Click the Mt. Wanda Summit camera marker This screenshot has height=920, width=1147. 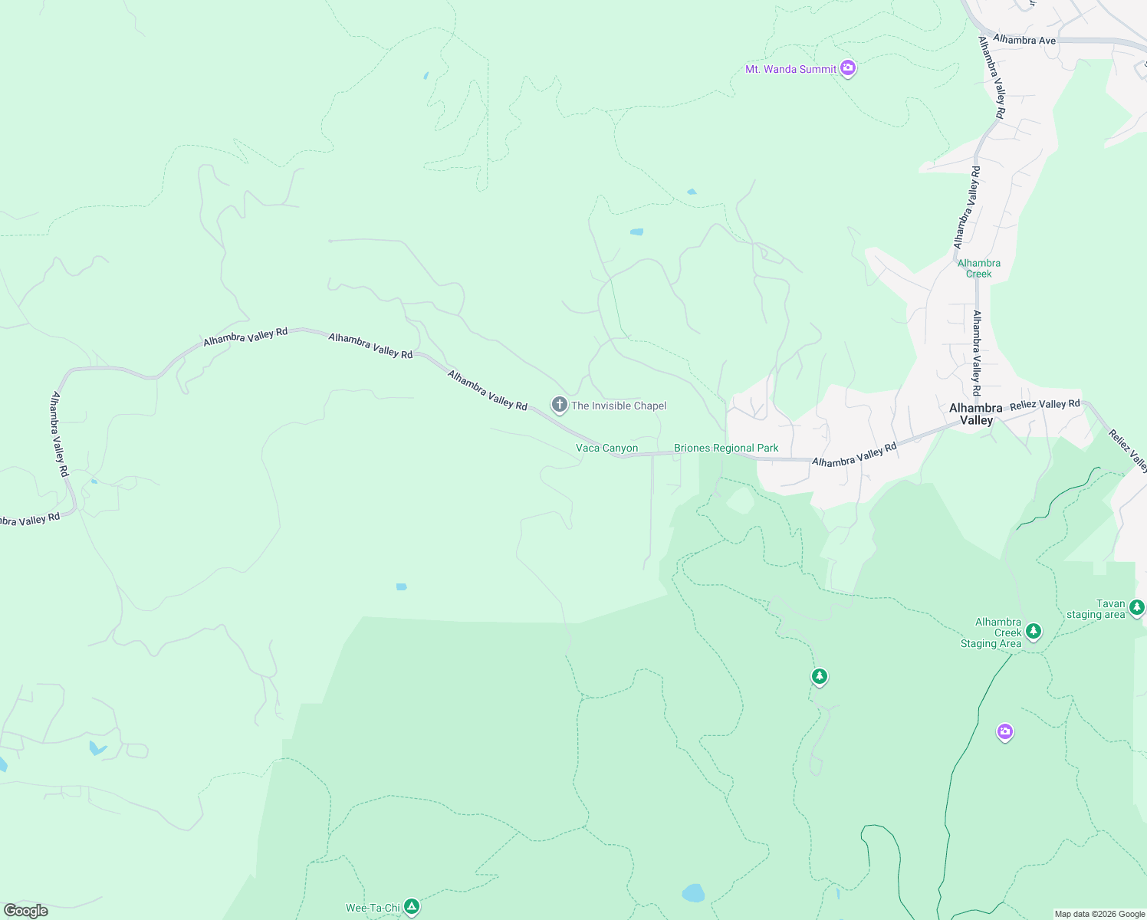tap(847, 68)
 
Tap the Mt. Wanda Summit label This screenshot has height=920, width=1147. tap(790, 69)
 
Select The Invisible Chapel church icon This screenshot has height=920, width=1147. tap(560, 405)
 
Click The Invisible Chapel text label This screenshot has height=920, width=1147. tap(619, 406)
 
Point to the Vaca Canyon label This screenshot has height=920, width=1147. tap(606, 448)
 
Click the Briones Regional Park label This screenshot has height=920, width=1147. tap(726, 448)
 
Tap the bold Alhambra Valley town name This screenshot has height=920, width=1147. tap(975, 414)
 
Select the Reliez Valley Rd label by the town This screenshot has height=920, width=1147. tap(1044, 404)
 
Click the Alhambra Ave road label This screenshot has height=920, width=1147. tap(1024, 40)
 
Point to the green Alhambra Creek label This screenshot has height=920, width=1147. tap(978, 268)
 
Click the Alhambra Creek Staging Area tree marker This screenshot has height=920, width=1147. tap(1034, 631)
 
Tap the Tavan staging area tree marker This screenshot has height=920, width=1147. tap(1136, 607)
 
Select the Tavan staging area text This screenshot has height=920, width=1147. tap(1096, 609)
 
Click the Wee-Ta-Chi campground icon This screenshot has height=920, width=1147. tap(412, 907)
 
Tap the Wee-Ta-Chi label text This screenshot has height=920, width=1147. tap(373, 908)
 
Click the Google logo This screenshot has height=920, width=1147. tap(26, 910)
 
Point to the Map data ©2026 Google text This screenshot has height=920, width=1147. tap(1099, 914)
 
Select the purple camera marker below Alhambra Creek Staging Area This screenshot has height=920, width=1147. tap(1004, 732)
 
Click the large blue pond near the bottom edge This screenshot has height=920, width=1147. tap(693, 893)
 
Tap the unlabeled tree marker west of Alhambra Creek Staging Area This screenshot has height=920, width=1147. tap(820, 676)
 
